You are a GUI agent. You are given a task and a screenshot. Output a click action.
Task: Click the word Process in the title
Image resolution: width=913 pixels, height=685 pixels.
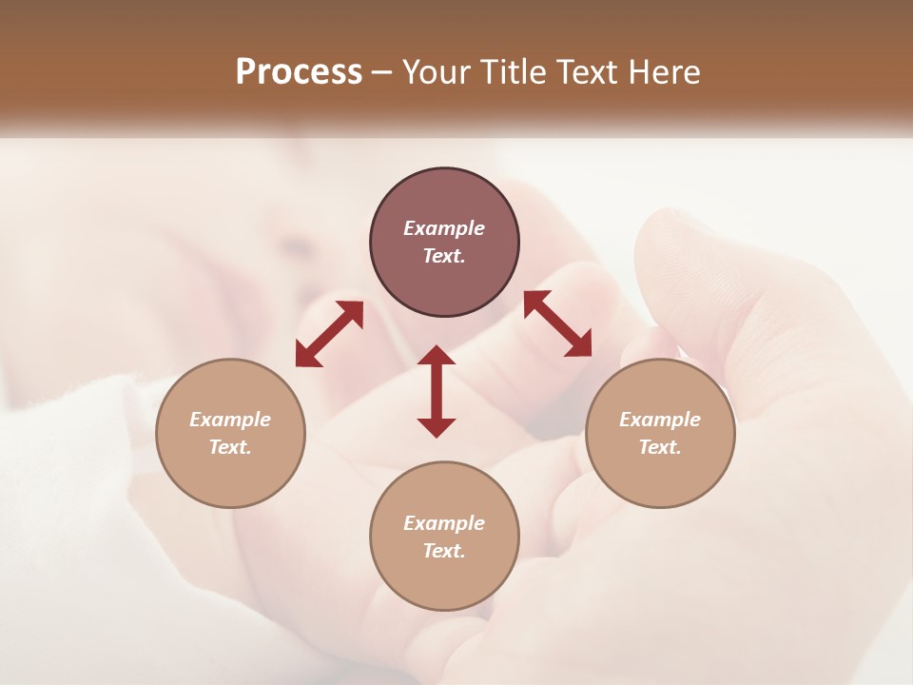(299, 71)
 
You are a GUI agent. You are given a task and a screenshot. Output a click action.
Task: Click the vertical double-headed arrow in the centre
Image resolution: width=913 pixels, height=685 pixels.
(437, 391)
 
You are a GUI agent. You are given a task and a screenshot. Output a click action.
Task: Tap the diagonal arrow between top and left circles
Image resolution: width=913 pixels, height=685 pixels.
(329, 334)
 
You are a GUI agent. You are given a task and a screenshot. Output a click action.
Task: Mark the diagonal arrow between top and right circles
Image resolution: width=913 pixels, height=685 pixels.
(557, 323)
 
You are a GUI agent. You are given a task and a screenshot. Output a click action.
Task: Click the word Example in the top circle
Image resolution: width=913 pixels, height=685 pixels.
(444, 228)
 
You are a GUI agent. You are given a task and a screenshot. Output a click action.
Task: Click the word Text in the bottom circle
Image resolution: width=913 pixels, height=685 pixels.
(442, 551)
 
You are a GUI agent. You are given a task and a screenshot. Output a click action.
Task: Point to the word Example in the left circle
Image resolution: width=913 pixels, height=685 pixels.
(230, 420)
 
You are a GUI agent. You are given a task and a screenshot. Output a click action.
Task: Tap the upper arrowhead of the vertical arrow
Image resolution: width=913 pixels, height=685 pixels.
(437, 356)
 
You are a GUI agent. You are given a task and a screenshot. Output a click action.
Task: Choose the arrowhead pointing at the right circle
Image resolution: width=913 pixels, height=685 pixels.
(580, 346)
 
